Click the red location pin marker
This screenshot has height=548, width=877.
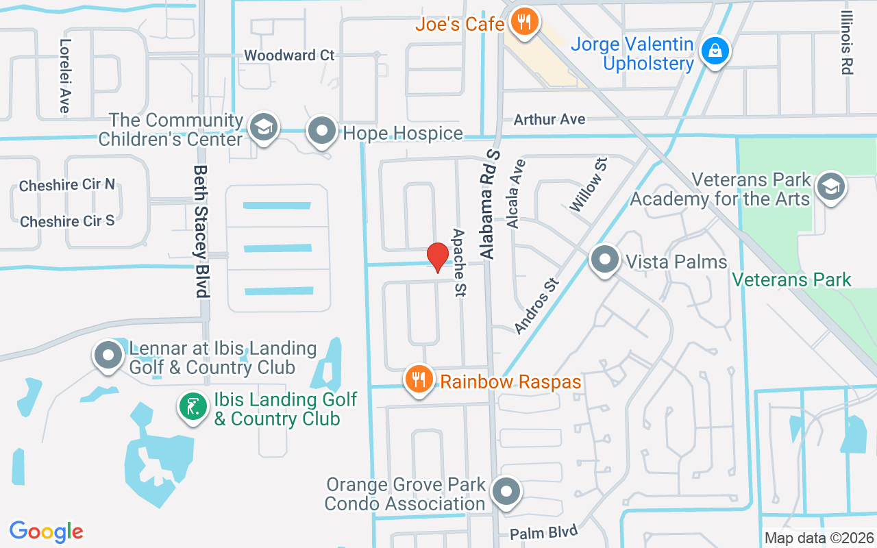438,258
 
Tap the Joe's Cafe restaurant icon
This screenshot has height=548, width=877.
525,23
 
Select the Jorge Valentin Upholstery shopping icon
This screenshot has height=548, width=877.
715,51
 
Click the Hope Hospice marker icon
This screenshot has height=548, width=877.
321,130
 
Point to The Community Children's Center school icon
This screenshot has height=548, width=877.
263,127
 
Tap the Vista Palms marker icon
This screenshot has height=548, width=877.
604,260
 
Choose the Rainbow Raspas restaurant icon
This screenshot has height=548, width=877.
419,379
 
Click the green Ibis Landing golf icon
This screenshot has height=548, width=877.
193,407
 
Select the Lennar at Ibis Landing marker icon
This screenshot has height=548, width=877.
108,355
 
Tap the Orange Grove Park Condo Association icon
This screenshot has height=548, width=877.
507,491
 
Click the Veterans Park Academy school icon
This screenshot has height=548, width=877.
830,186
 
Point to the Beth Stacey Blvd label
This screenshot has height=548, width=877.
200,231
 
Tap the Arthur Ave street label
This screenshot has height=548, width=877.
549,119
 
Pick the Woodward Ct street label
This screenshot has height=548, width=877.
289,55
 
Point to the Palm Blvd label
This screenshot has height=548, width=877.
544,532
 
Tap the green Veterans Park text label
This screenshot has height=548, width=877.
791,279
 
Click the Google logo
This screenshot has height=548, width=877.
46,532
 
